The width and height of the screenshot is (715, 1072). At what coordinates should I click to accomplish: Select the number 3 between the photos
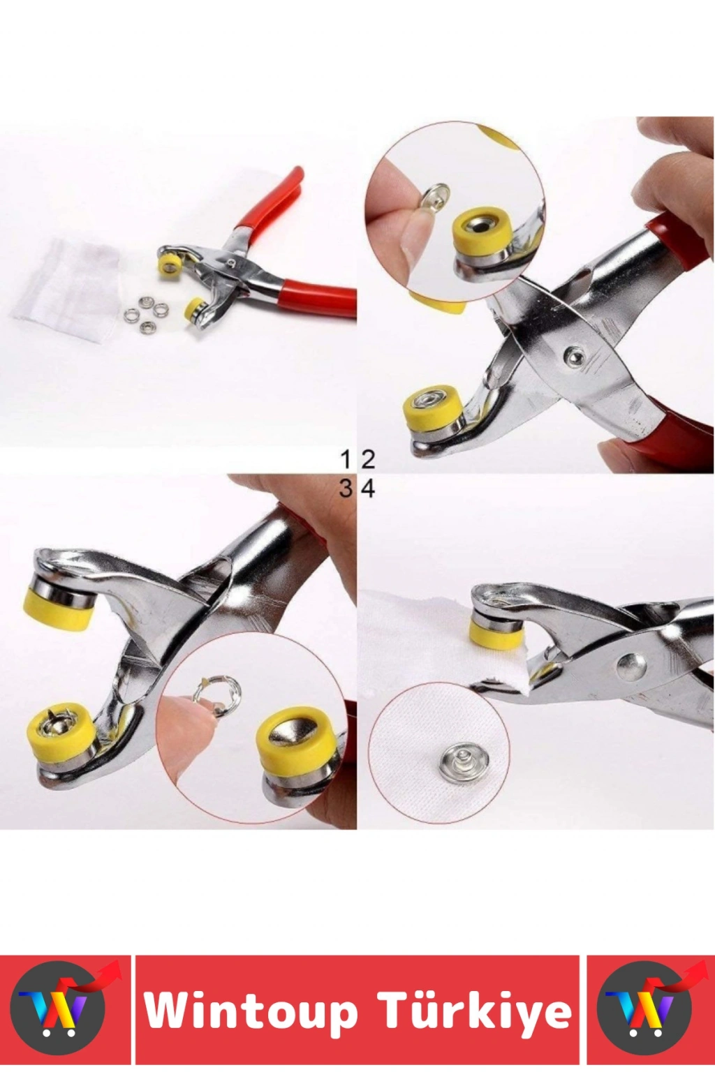pyautogui.click(x=346, y=489)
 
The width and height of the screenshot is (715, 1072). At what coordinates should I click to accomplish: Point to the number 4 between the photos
pyautogui.click(x=368, y=489)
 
